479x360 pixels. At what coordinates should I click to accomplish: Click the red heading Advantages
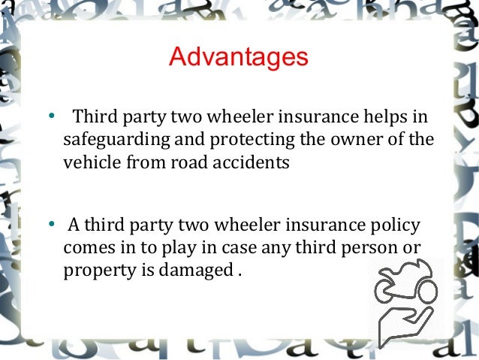(238, 58)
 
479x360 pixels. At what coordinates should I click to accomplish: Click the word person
(366, 248)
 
